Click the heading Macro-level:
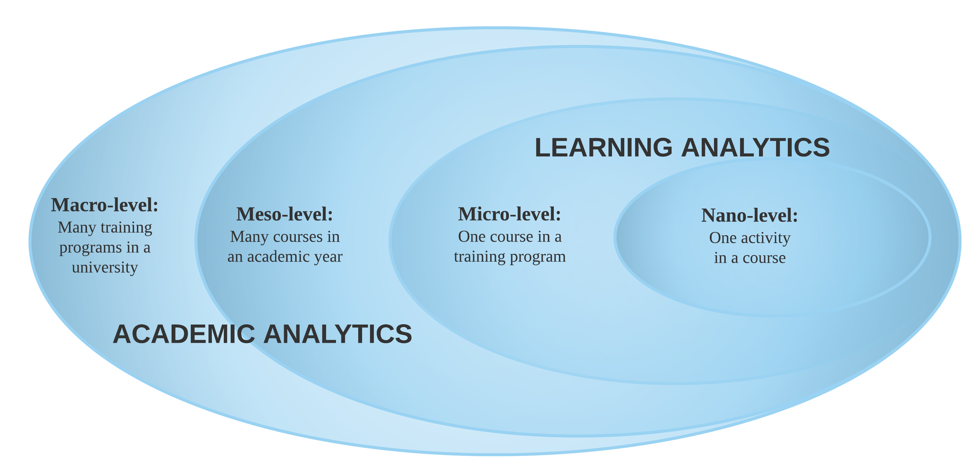tap(104, 205)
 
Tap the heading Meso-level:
tap(285, 215)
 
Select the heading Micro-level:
tap(509, 215)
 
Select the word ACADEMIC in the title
tap(184, 334)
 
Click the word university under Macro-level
tap(105, 268)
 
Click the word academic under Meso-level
tap(279, 257)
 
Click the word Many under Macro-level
tap(76, 228)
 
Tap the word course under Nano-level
tap(764, 258)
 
